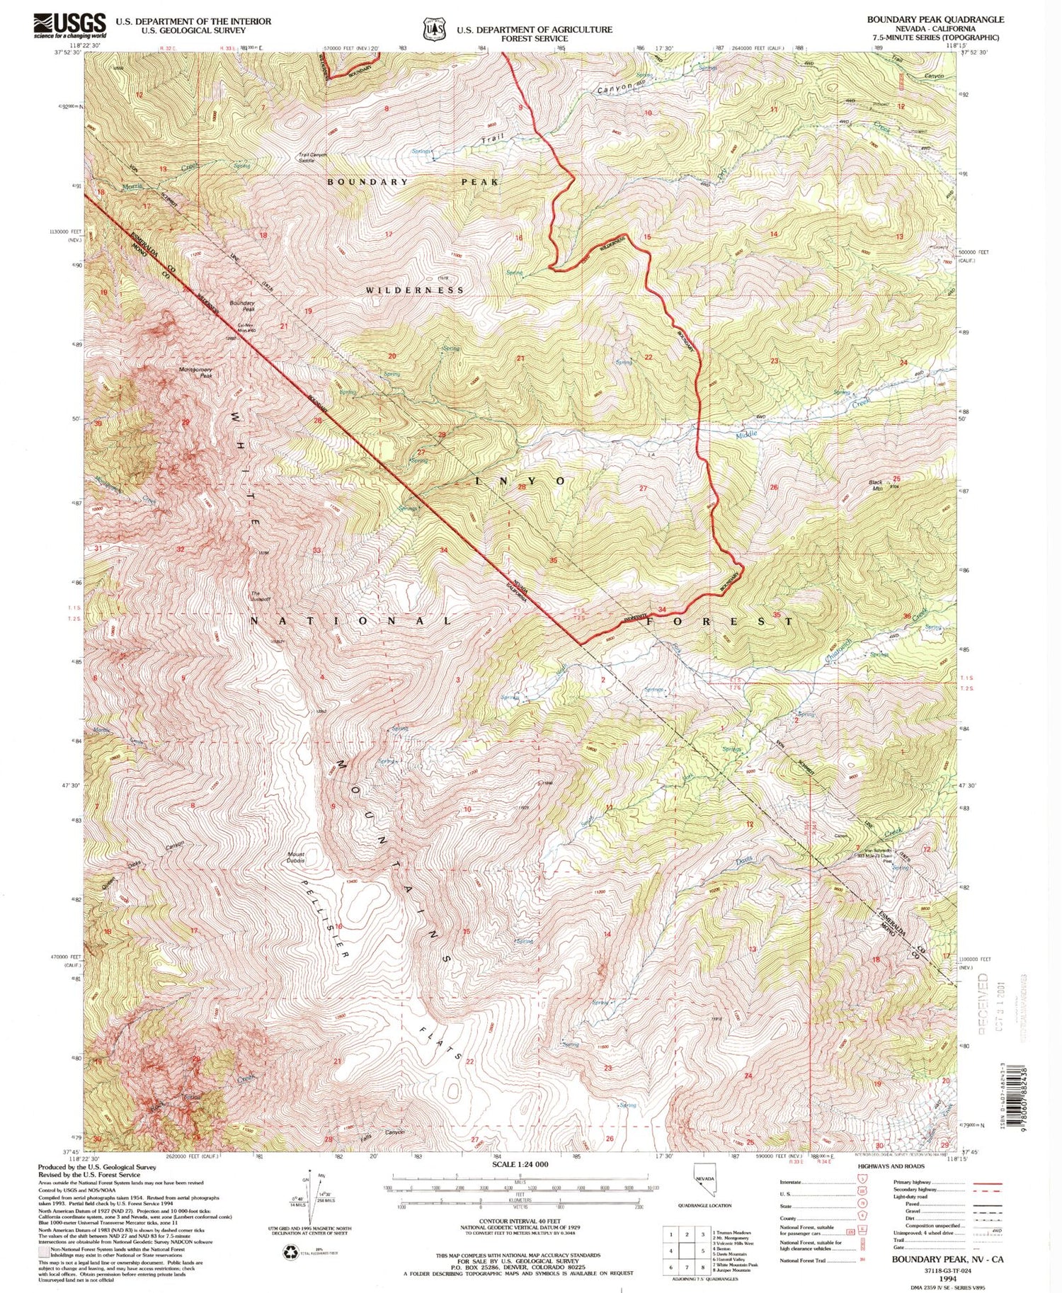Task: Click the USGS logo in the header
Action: coord(69,25)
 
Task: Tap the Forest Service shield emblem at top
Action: coord(433,29)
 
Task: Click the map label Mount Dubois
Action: coord(296,857)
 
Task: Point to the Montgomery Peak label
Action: coord(195,372)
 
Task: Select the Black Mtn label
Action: coord(877,485)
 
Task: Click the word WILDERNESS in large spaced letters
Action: coord(415,290)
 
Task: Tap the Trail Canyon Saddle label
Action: coord(315,157)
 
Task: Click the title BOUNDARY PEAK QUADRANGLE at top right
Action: coord(935,19)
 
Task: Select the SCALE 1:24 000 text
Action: coord(520,1164)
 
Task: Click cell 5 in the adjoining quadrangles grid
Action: coord(687,1251)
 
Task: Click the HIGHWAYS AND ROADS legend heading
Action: coord(891,1165)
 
